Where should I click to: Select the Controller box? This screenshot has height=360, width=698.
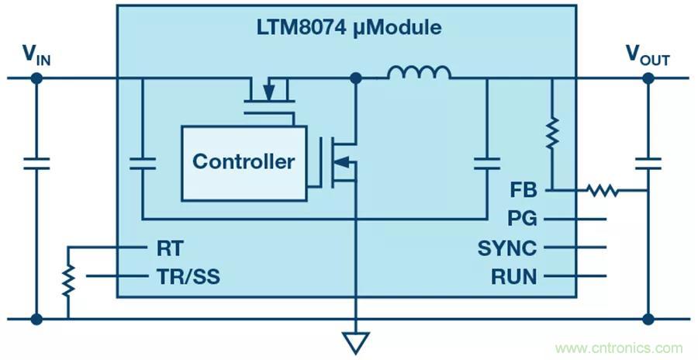[243, 161]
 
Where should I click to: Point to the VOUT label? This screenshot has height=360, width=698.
[648, 54]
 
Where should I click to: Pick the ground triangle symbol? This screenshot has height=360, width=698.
[356, 341]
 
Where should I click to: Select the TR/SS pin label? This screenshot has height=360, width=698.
[188, 276]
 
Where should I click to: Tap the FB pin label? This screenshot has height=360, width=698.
[523, 189]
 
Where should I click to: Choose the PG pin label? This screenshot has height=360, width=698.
[523, 219]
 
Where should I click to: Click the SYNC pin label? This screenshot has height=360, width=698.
[508, 248]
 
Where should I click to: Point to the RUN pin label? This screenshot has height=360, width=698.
[513, 276]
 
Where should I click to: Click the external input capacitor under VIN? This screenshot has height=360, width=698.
[36, 163]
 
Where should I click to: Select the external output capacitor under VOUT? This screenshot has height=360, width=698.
[648, 163]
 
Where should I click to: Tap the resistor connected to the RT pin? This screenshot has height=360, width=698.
[68, 281]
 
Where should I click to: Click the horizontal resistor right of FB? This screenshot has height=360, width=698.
[602, 189]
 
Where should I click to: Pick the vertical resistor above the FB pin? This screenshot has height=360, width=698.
[552, 133]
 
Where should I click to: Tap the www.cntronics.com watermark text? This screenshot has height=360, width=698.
[619, 348]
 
